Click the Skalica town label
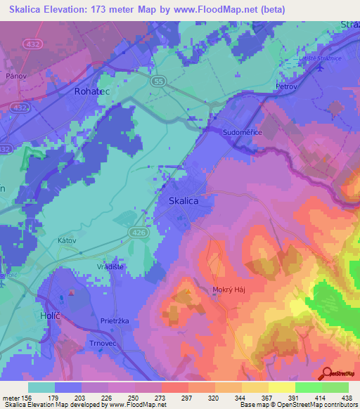(x=184, y=201)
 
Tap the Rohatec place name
(x=91, y=91)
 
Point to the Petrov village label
(x=287, y=86)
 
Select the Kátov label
(x=66, y=240)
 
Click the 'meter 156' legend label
(x=17, y=397)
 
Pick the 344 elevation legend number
(x=229, y=397)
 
